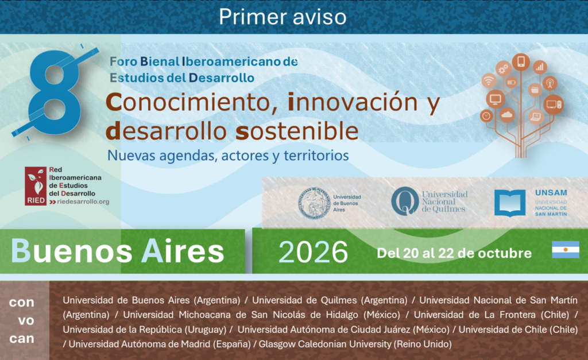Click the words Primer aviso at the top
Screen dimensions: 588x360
point(283,17)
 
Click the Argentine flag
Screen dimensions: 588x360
point(566,250)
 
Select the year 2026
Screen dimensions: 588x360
point(313,251)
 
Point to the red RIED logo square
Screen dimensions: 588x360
point(36,186)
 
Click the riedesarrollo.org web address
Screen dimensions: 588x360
point(83,202)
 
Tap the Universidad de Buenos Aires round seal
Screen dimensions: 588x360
point(314,203)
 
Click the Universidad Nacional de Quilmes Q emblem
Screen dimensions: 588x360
point(405,202)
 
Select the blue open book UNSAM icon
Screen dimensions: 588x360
point(510,203)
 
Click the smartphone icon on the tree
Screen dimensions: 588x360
point(521,61)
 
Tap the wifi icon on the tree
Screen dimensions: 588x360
point(489,81)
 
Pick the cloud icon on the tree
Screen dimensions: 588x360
point(507,115)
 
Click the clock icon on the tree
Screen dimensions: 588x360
point(486,116)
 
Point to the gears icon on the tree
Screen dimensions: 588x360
point(503,69)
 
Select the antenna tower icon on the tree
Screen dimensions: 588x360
point(550,83)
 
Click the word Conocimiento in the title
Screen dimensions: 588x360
point(191,102)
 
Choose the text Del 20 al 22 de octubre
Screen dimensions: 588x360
point(454,253)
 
